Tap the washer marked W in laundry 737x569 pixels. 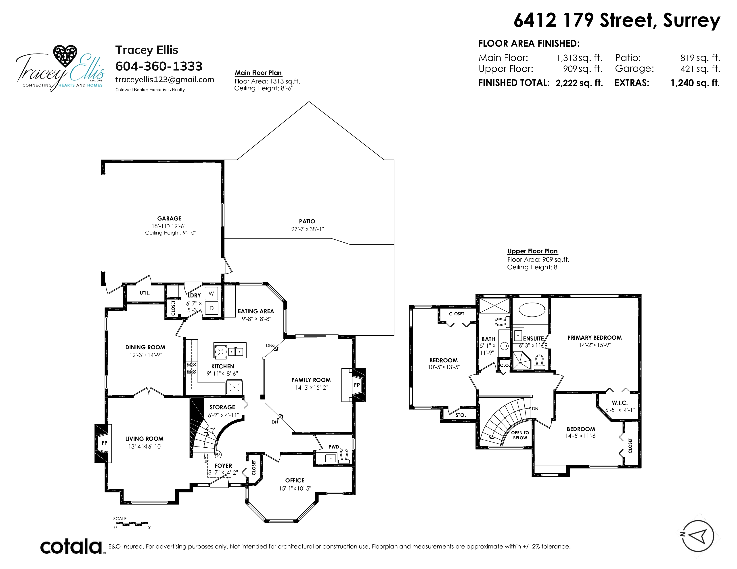(x=211, y=294)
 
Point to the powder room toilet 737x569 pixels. (x=344, y=457)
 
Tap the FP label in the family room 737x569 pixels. (x=357, y=385)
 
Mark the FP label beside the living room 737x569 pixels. (x=104, y=443)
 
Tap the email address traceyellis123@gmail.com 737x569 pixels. (x=165, y=80)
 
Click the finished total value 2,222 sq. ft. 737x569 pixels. (x=579, y=83)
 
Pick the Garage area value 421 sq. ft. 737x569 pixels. (x=700, y=69)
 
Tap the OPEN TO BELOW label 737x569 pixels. (x=520, y=435)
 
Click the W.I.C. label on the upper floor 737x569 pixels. (x=620, y=403)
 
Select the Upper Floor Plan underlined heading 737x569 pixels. (x=532, y=251)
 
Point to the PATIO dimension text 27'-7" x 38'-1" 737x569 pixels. (x=307, y=229)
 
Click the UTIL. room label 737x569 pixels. (x=145, y=293)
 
